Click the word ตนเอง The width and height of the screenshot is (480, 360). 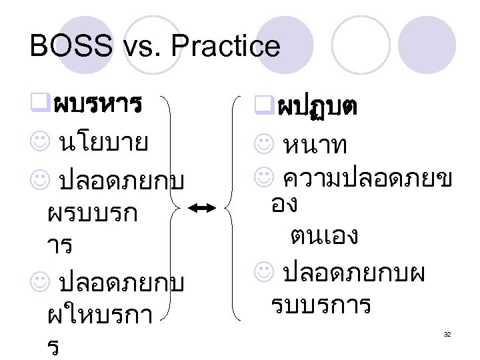pos(324,235)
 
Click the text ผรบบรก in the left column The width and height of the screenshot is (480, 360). pos(93,213)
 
